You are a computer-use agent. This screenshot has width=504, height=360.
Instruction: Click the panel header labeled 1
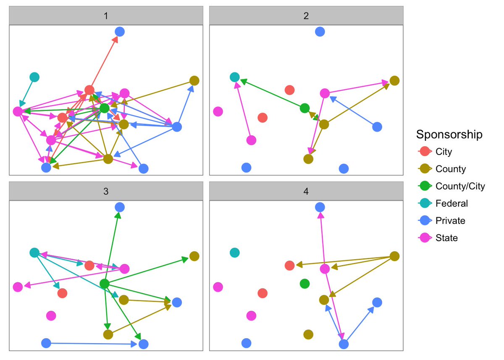[106, 16]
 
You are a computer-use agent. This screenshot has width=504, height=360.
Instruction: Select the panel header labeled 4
[306, 192]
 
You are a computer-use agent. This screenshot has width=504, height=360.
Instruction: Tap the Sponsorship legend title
[449, 135]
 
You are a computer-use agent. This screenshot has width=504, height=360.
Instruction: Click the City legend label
[444, 152]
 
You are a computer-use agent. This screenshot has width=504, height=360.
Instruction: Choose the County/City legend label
[460, 186]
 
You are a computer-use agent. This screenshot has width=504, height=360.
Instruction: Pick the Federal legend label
[451, 203]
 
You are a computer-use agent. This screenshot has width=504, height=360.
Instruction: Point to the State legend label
[446, 238]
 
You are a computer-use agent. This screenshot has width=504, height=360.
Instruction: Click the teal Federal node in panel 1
[34, 77]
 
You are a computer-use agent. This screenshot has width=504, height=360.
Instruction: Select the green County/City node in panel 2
[305, 108]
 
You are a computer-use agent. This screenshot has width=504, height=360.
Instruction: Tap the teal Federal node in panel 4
[235, 252]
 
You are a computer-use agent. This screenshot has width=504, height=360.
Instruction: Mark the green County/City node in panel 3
[105, 284]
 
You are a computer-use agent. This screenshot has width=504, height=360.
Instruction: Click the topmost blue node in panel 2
[320, 31]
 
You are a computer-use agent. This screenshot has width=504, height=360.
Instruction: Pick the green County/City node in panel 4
[305, 284]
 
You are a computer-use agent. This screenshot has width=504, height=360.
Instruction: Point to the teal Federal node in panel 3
[34, 252]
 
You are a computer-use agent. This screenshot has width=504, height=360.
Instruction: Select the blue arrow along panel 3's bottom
[92, 344]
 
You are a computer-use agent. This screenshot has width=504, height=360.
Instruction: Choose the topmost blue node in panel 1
[120, 31]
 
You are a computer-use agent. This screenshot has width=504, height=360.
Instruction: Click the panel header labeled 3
[106, 192]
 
